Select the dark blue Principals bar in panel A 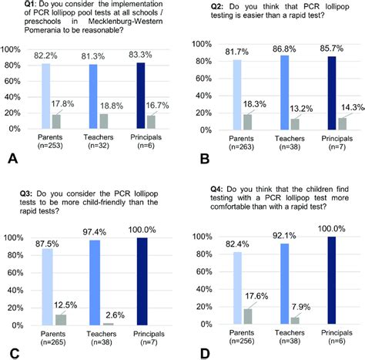pos(141,99)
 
